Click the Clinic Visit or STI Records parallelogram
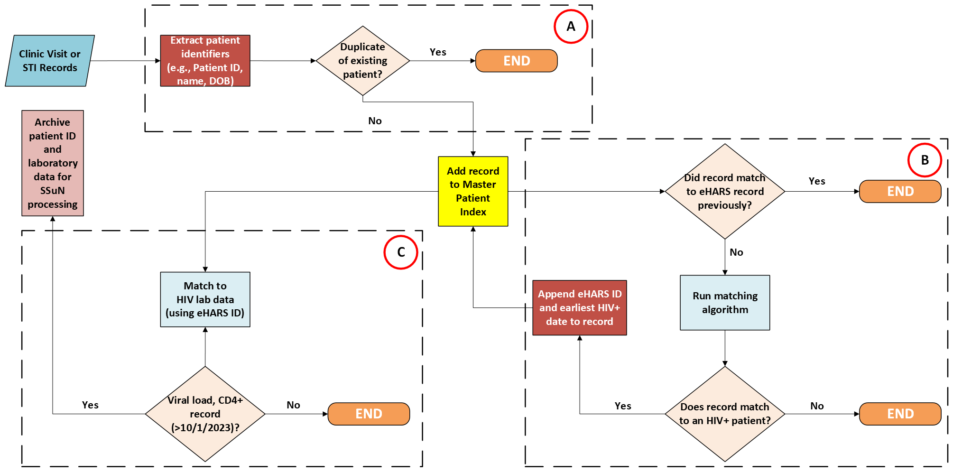(x=50, y=61)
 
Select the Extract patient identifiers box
(x=205, y=61)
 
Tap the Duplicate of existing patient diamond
(x=362, y=61)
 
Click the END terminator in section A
(x=516, y=61)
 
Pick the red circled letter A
(x=571, y=27)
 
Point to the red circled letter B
(x=925, y=160)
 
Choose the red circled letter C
(x=401, y=252)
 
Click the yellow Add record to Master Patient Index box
(x=473, y=191)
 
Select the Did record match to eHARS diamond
(x=725, y=191)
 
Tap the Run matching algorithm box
(x=725, y=303)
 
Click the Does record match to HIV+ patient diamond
(x=725, y=414)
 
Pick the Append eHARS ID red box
(x=579, y=308)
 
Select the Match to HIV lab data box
(x=205, y=299)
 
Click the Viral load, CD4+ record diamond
(x=205, y=414)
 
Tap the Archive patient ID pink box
(x=53, y=163)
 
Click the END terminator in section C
(x=369, y=414)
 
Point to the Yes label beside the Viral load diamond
(x=90, y=405)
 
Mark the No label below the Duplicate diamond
(x=375, y=121)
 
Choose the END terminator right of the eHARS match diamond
(x=900, y=191)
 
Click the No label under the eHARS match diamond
(x=736, y=252)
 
